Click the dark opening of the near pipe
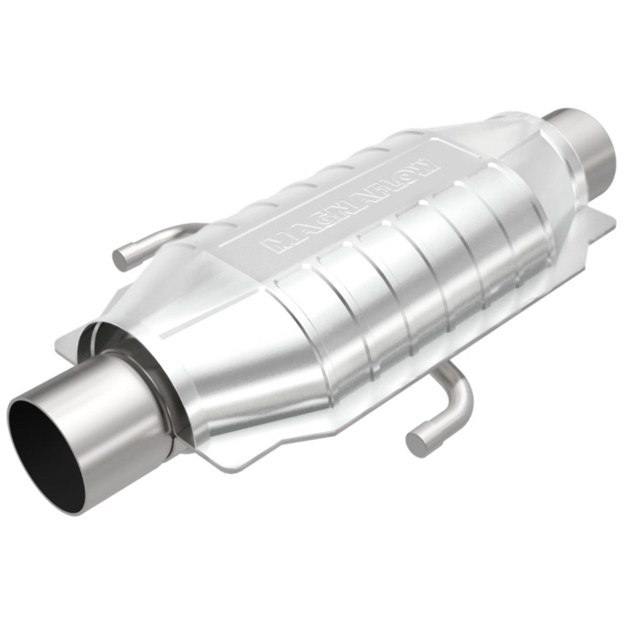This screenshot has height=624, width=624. (50, 449)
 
